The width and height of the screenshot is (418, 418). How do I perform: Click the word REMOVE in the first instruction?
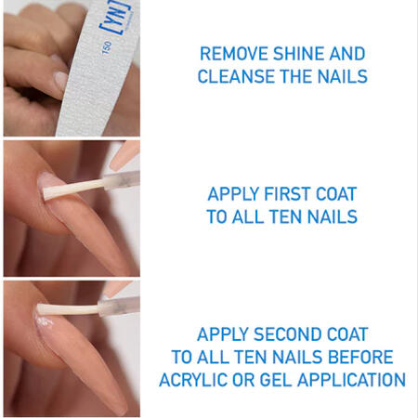[234, 54]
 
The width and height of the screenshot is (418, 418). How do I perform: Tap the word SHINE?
[298, 54]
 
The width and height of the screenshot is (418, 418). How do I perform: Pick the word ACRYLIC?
[193, 380]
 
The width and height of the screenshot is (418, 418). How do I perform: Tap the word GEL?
[276, 380]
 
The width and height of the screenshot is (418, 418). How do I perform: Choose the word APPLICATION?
[351, 380]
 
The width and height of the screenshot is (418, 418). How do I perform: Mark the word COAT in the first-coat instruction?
[336, 194]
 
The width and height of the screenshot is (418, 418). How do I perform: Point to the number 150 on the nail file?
[106, 48]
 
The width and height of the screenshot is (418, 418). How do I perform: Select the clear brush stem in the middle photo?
[122, 180]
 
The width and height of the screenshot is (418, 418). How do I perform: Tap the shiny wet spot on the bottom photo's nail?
[45, 322]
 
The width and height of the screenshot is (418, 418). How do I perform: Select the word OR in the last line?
[243, 380]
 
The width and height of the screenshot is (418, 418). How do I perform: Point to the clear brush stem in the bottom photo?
[119, 305]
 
